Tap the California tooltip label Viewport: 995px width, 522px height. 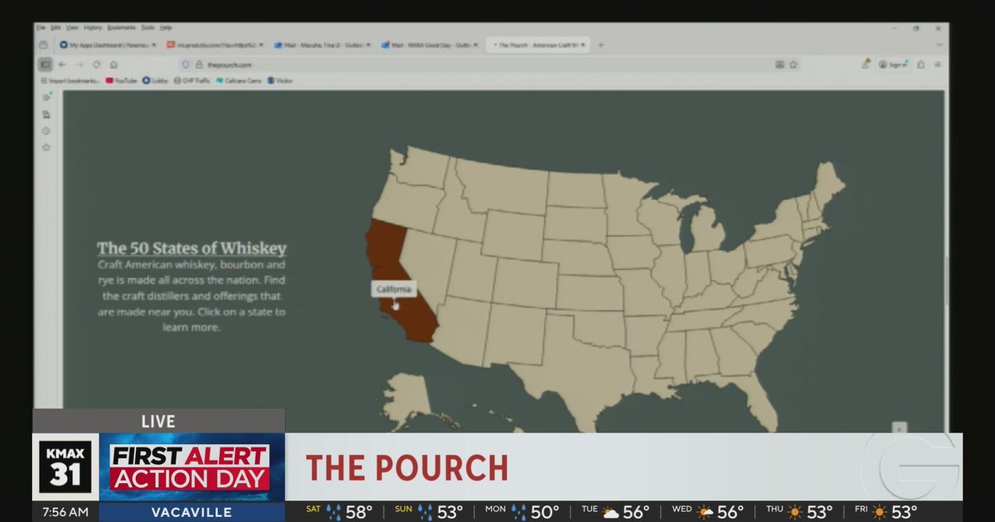point(393,289)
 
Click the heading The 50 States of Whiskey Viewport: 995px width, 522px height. point(192,248)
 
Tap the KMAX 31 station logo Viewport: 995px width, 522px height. point(66,467)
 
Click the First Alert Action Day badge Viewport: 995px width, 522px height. point(190,467)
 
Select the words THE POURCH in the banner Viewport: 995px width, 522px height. point(406,468)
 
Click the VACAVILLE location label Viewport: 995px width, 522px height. point(192,512)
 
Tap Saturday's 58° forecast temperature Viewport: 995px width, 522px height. point(358,512)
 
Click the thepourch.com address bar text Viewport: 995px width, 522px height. point(230,65)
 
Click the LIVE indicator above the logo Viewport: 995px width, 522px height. point(158,422)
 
